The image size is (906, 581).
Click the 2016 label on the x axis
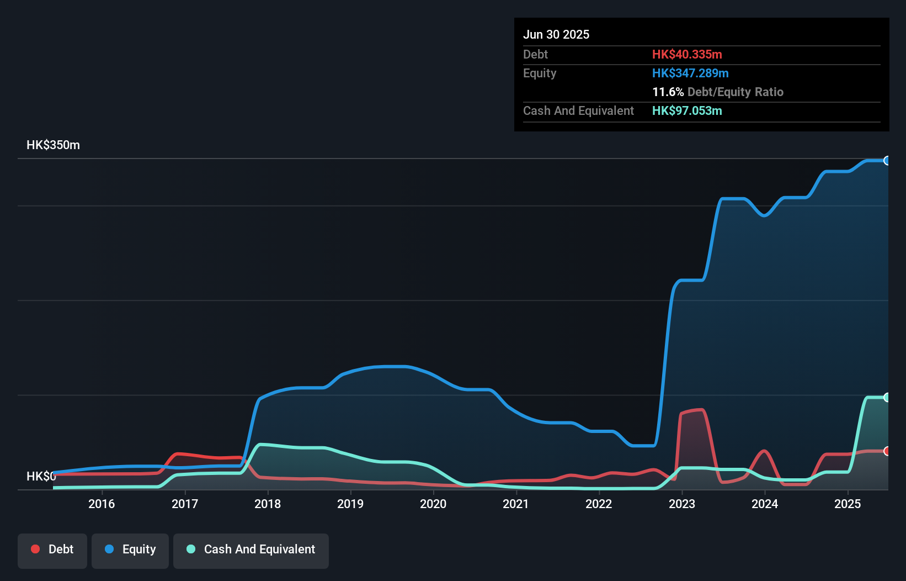tap(102, 504)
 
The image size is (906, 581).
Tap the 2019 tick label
tap(350, 504)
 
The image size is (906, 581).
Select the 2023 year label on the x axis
tap(682, 504)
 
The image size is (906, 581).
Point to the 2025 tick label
tap(848, 504)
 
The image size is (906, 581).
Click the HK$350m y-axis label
tap(53, 145)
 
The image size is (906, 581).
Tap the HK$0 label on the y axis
tap(41, 476)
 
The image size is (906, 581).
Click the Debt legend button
tap(52, 550)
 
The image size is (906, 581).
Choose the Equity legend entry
tap(130, 550)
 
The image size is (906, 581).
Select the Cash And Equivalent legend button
tap(251, 550)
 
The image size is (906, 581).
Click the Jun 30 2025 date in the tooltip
tap(556, 34)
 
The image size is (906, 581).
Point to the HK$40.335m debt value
tap(687, 54)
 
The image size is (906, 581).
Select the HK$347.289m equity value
tap(690, 73)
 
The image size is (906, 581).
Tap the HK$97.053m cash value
tap(687, 110)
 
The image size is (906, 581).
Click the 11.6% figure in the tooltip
tap(668, 92)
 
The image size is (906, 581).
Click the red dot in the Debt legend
tap(35, 549)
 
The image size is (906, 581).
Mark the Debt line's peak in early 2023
tap(700, 410)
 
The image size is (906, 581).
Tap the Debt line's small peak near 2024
tap(764, 451)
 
